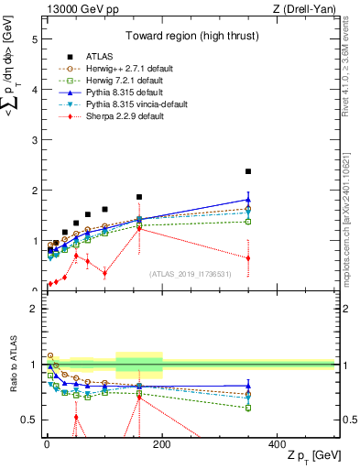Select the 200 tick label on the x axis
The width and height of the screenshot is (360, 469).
[161, 443]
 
